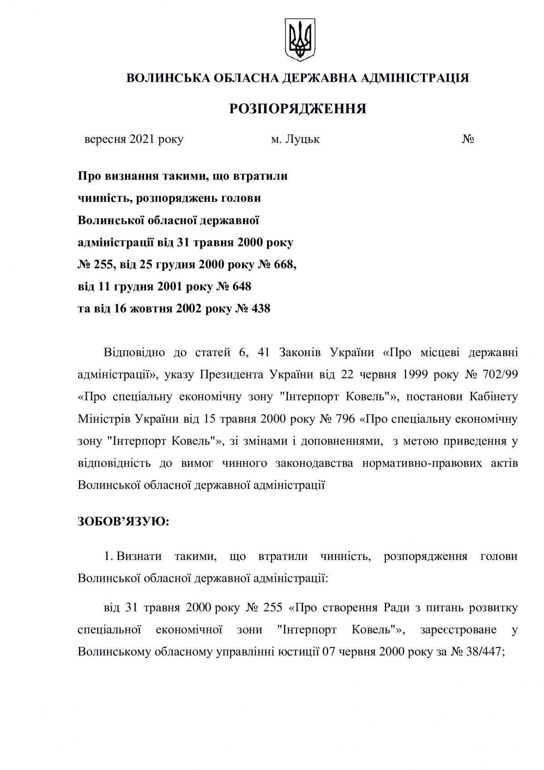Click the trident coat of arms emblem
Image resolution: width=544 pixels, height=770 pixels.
[299, 40]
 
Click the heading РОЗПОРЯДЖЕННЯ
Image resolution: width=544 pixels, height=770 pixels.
[297, 109]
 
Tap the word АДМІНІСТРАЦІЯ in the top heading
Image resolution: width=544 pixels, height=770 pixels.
[420, 78]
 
